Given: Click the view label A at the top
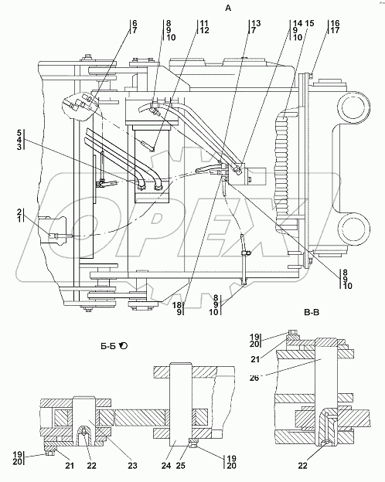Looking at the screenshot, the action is pos(228,8).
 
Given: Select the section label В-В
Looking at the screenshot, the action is pos(312,313).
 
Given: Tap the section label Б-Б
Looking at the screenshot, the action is pos(108,346).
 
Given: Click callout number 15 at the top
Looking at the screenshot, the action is pos(309,23).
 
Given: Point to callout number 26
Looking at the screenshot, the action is pos(254,378).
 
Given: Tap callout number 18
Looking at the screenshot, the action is pos(176,305).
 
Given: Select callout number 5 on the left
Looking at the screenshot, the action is pos(19,133).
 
